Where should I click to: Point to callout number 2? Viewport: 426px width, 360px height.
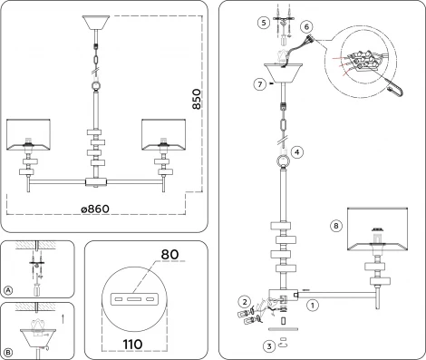pyautogui.click(x=243, y=300)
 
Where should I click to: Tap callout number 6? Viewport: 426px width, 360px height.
pyautogui.click(x=306, y=28)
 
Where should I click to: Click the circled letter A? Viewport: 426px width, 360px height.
pyautogui.click(x=9, y=291)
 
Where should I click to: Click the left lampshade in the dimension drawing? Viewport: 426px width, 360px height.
pyautogui.click(x=32, y=131)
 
